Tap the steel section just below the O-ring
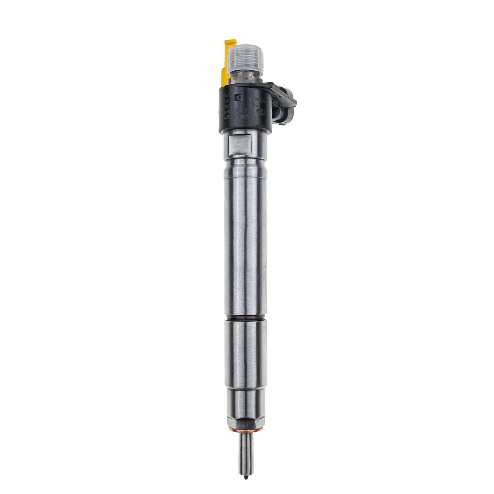coord(245,352)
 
